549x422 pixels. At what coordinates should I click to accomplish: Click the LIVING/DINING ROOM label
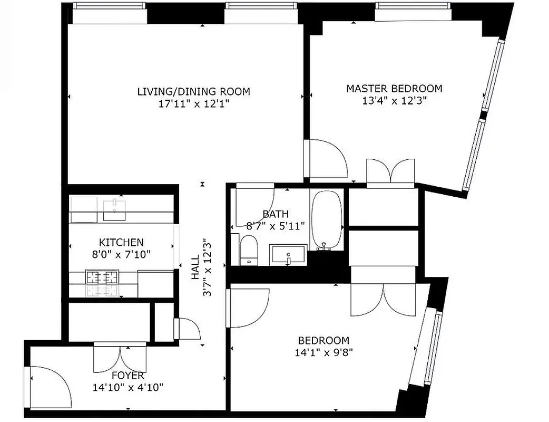tap(193, 91)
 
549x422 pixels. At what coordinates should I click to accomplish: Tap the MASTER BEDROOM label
tap(394, 89)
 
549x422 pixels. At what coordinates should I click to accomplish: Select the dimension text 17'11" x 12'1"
tap(193, 104)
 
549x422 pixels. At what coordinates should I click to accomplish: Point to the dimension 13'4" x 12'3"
tap(394, 101)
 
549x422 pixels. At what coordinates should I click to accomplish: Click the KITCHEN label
tap(121, 243)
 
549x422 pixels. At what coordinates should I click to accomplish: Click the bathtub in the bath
tap(327, 220)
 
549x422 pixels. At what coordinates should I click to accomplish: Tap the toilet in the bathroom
tap(248, 251)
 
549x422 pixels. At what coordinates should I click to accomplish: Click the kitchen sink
tap(114, 210)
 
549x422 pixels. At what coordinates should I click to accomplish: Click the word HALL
tap(195, 268)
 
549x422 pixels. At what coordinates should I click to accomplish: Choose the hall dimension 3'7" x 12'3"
tap(208, 268)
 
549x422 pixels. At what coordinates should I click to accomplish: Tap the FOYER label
tap(128, 376)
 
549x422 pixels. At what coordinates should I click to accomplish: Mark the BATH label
tap(276, 214)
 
